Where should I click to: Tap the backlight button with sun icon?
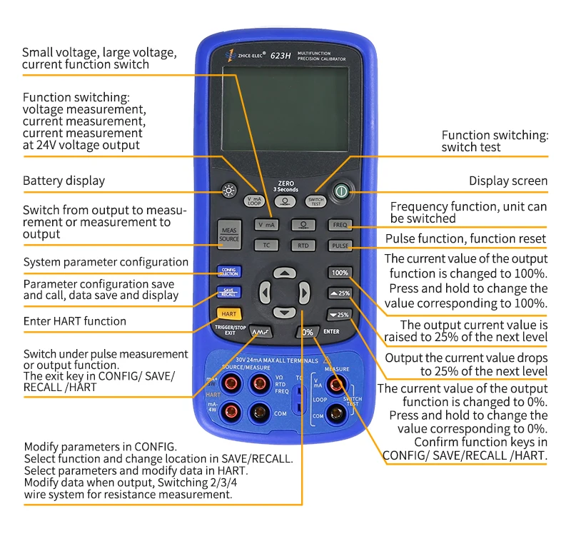point(228,191)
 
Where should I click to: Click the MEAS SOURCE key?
point(229,235)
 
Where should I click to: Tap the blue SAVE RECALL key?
point(228,293)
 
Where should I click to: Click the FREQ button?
point(339,225)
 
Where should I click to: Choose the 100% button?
point(339,273)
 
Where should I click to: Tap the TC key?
point(266,245)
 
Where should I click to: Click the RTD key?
point(303,245)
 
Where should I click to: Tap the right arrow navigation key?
point(304,291)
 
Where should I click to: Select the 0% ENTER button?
point(308,332)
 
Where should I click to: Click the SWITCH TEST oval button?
point(315,201)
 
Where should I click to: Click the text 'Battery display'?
point(64,181)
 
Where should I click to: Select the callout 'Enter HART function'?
point(74,321)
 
